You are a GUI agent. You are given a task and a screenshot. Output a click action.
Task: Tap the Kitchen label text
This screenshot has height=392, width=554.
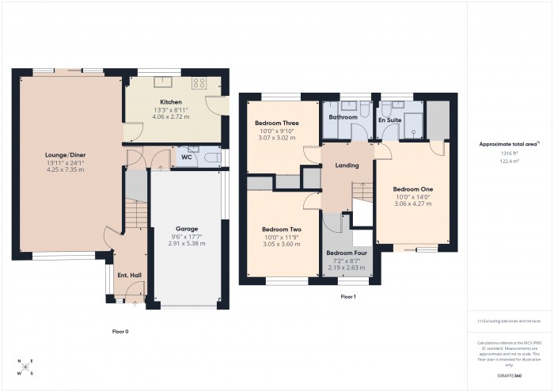click(172, 103)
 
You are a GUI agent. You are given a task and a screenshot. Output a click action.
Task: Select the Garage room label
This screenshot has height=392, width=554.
click(187, 229)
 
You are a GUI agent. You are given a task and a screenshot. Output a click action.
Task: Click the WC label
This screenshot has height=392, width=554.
click(187, 158)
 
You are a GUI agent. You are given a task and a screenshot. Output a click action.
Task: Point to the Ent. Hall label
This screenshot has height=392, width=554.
click(128, 274)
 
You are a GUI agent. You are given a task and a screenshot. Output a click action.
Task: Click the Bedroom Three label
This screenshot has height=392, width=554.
click(276, 124)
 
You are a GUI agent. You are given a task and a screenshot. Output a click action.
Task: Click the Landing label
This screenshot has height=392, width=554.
click(347, 166)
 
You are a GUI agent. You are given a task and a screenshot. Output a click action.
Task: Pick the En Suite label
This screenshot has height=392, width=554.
click(389, 120)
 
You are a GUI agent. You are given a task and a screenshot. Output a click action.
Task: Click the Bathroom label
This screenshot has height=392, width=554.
click(344, 117)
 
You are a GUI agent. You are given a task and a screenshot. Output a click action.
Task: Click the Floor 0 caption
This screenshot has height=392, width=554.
click(120, 332)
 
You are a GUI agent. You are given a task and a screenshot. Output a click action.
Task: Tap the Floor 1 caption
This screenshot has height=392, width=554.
click(348, 296)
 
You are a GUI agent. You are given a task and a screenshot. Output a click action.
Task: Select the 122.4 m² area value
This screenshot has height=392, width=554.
click(509, 161)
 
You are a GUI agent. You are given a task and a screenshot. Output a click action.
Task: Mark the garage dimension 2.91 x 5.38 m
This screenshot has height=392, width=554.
click(187, 243)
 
